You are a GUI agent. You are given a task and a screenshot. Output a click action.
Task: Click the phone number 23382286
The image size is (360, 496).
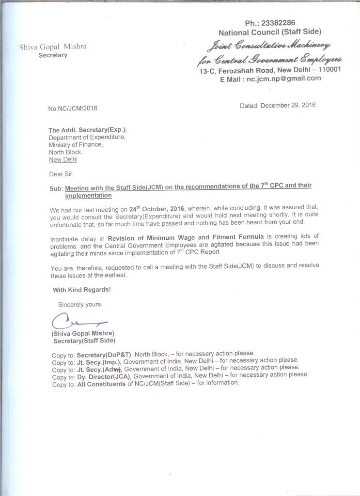click(276, 23)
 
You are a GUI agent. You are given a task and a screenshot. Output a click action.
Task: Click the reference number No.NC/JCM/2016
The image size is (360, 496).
click(73, 108)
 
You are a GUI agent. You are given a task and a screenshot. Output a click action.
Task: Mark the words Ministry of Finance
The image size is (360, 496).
click(76, 145)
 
